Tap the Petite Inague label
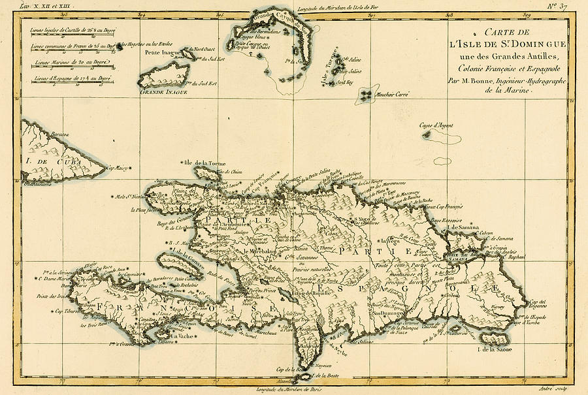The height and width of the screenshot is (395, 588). pyautogui.click(x=161, y=52)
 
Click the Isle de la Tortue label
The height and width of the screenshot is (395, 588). pyautogui.click(x=205, y=161)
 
